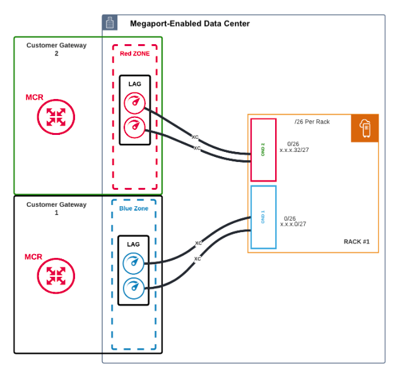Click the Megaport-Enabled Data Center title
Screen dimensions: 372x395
pyautogui.click(x=189, y=23)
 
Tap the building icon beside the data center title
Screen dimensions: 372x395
pyautogui.click(x=110, y=23)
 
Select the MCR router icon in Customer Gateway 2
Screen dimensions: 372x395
pyautogui.click(x=56, y=117)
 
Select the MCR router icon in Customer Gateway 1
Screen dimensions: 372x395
pyautogui.click(x=56, y=276)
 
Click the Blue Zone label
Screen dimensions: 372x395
pyautogui.click(x=134, y=208)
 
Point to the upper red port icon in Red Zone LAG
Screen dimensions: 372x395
pyautogui.click(x=134, y=103)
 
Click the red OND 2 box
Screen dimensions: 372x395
pyautogui.click(x=263, y=149)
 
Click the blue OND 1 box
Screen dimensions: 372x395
pyautogui.click(x=263, y=218)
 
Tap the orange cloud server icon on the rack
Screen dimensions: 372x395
pyautogui.click(x=365, y=129)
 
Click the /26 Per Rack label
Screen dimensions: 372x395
pyautogui.click(x=312, y=122)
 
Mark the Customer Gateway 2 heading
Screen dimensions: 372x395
pyautogui.click(x=56, y=49)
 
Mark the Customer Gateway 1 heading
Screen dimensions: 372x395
pyautogui.click(x=56, y=209)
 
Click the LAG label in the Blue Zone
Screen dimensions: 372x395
pyautogui.click(x=134, y=244)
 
